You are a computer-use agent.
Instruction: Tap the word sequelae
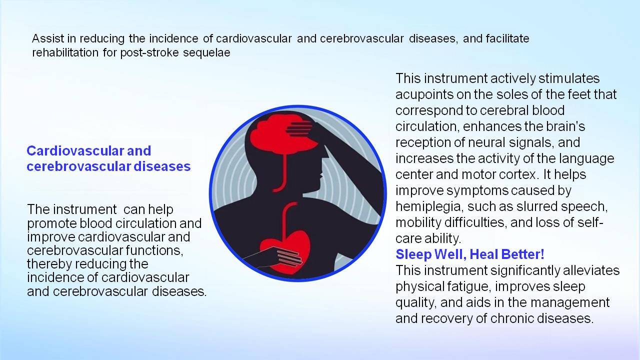click(206, 53)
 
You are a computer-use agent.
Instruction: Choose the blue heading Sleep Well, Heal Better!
click(469, 254)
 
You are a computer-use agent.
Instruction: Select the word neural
click(517, 142)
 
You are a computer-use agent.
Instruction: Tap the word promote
click(51, 223)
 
